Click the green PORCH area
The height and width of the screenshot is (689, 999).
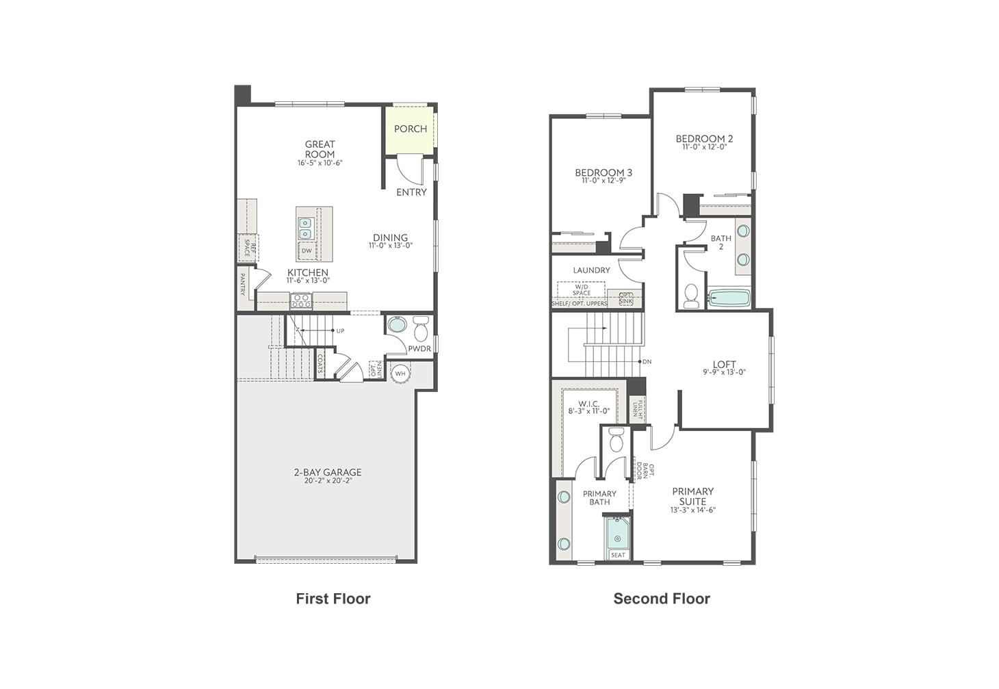[x=410, y=129]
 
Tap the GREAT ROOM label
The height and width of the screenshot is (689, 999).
[x=320, y=149]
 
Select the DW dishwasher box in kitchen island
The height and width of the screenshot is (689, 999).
[x=307, y=250]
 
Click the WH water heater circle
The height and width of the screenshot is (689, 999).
[x=400, y=374]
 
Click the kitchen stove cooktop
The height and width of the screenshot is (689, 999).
[x=301, y=300]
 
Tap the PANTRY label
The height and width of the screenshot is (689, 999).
[x=242, y=285]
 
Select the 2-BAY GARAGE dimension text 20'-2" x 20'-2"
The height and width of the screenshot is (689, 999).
[x=328, y=481]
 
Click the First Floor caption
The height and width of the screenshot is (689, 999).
[x=333, y=599]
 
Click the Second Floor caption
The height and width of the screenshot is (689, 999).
[x=661, y=599]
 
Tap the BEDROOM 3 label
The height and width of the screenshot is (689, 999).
[x=604, y=172]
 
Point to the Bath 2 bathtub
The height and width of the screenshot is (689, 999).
[x=729, y=298]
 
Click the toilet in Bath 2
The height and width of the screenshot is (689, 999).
[x=691, y=296]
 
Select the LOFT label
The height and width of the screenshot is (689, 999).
[x=724, y=365]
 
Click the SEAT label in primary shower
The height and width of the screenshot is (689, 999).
[x=618, y=555]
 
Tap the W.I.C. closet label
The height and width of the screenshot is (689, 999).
[x=588, y=404]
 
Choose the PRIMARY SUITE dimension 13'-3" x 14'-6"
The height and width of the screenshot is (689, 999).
[x=692, y=510]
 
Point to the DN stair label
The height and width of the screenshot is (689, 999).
[x=647, y=361]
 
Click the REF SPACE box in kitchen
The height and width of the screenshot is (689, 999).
[x=248, y=248]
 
